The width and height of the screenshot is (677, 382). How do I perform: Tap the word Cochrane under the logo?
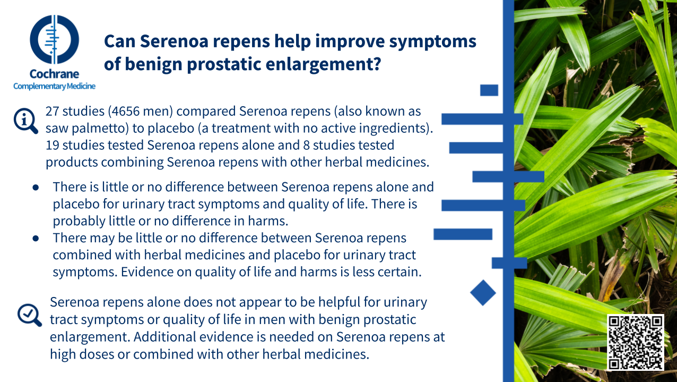tap(55, 74)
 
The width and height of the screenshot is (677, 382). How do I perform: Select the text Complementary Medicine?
tap(55, 87)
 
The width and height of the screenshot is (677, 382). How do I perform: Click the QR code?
tap(635, 342)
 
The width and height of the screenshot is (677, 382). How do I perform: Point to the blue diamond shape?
tap(483, 293)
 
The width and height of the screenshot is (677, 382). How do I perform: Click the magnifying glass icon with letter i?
tap(25, 121)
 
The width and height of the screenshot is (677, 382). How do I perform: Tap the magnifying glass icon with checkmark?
tap(29, 315)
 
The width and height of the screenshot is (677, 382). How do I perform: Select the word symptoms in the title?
tap(432, 42)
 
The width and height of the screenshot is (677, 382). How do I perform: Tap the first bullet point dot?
tap(36, 188)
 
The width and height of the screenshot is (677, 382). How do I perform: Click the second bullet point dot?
tap(36, 239)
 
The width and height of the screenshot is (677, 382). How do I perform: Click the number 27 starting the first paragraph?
tap(53, 112)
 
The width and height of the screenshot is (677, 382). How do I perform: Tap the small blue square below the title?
tap(489, 90)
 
